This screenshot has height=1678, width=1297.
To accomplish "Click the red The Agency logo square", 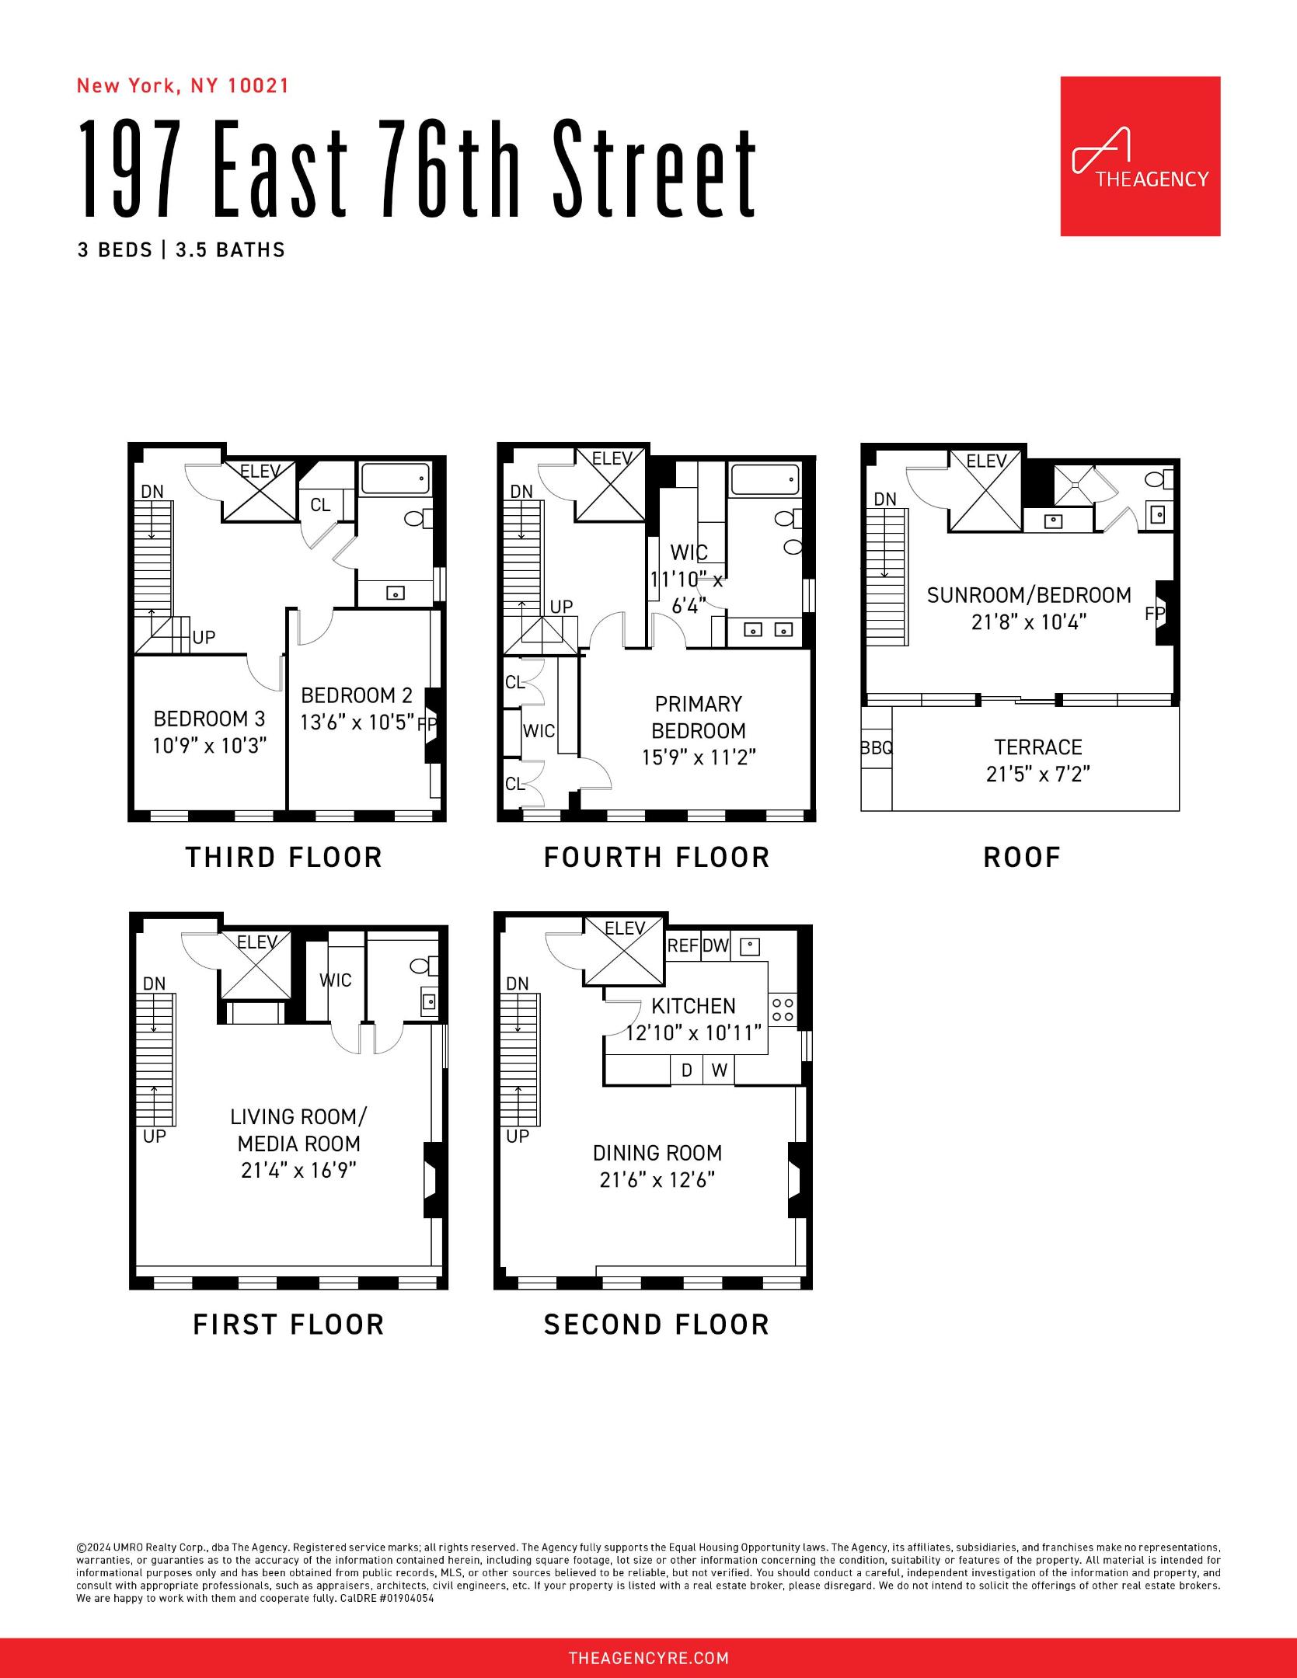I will [1140, 156].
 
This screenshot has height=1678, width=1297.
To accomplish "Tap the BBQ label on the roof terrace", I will [877, 748].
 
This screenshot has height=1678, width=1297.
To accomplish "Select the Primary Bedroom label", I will [698, 717].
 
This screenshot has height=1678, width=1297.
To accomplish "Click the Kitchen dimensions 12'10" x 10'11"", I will [693, 1033].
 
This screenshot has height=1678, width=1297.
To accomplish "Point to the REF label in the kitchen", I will [683, 945].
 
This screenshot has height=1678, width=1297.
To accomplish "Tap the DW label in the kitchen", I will [716, 945].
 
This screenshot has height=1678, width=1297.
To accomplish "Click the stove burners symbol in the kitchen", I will [783, 1010].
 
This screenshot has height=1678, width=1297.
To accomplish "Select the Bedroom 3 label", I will [209, 719].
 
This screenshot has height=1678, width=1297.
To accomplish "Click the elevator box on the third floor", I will [260, 492].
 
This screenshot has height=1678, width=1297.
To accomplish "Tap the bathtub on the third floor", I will [395, 479].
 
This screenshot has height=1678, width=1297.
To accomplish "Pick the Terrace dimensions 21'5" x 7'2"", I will [1038, 775].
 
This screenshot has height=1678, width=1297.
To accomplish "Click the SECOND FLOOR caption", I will [657, 1325].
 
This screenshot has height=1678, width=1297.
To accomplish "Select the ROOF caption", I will [1022, 858].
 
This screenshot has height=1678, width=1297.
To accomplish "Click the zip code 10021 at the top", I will [258, 85].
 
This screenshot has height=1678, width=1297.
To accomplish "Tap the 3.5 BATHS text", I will [230, 250].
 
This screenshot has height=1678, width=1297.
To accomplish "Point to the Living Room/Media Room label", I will [298, 1130].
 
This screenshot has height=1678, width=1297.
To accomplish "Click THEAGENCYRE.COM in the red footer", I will [648, 1659].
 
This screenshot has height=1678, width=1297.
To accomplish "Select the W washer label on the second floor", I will [720, 1071].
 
